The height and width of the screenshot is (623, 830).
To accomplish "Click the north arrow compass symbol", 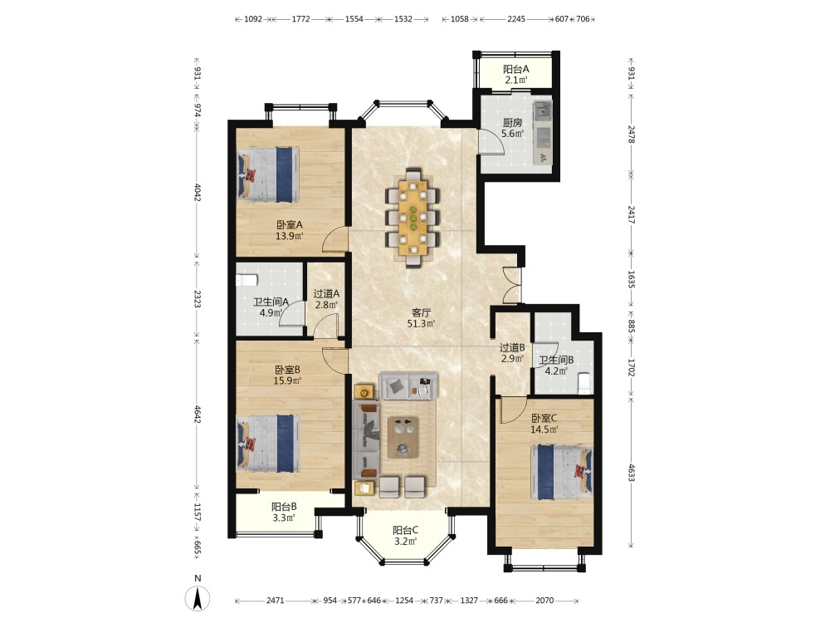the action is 198,599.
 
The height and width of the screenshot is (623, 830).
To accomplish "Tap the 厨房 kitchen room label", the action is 512,122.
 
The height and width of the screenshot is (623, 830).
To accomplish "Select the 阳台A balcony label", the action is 515,69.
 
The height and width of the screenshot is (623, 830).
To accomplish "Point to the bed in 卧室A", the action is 268,174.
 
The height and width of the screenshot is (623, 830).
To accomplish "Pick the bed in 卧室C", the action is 562,472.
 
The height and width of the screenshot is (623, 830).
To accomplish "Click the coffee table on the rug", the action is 403,437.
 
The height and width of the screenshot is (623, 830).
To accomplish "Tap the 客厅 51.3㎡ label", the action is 421,318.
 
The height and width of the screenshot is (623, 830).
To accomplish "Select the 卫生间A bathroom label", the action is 271,302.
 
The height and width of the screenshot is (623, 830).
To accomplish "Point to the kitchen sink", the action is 543,110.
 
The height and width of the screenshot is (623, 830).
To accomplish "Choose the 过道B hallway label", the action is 512,347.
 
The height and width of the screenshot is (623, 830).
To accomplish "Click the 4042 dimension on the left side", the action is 197,192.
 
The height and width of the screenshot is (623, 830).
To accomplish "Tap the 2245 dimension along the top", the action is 516,19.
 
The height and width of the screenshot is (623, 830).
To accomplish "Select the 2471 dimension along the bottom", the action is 276,601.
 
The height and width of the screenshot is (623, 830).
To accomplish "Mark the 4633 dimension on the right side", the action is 631,472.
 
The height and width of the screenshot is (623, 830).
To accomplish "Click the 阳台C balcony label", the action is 406,530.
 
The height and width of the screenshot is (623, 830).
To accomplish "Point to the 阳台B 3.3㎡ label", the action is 284,512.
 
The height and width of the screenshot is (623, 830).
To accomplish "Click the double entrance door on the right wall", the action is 511,285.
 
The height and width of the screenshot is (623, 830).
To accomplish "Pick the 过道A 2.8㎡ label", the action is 326,299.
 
